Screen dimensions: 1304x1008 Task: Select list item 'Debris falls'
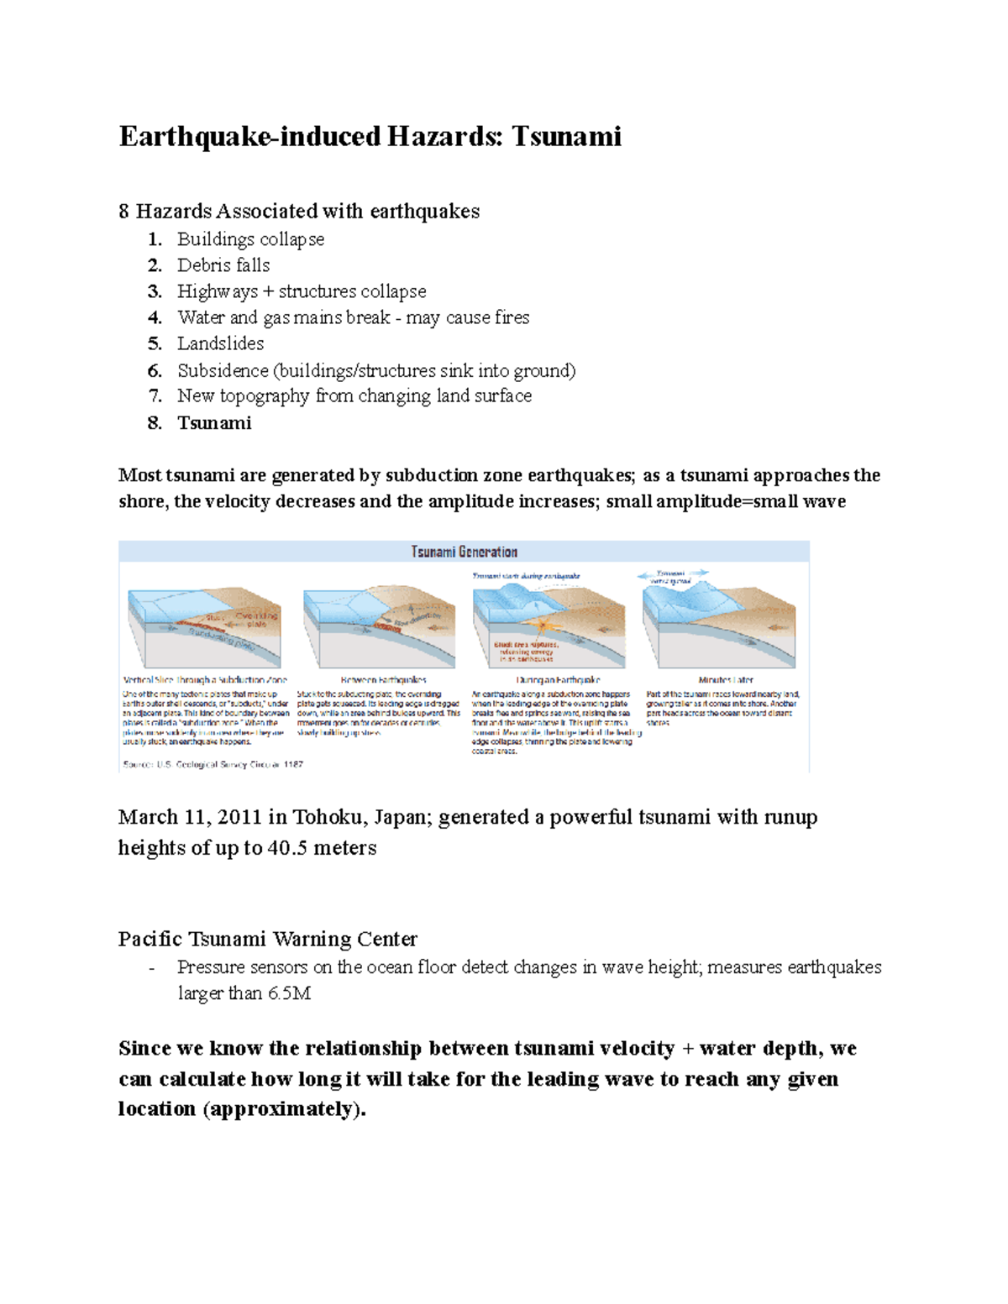[x=223, y=265]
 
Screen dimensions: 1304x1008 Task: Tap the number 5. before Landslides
[x=155, y=343]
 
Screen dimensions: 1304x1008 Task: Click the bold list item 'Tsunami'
[x=214, y=423]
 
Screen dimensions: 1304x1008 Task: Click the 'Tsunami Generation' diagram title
[x=464, y=552]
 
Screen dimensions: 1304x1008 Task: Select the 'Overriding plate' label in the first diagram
[x=256, y=620]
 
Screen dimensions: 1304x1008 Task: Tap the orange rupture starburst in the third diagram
[x=543, y=626]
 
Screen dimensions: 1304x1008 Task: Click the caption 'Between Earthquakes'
[x=383, y=679]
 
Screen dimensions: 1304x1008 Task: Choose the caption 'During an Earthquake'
[x=558, y=679]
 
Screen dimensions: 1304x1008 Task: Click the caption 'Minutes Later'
[x=726, y=679]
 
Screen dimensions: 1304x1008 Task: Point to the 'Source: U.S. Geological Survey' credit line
[x=213, y=764]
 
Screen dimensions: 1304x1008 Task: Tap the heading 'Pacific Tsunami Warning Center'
[x=267, y=939]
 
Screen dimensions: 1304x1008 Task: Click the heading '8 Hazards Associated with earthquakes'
[x=298, y=211]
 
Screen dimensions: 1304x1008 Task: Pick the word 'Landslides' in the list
[x=220, y=343]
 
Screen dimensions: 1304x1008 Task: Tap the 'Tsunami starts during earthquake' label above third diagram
[x=526, y=576]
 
